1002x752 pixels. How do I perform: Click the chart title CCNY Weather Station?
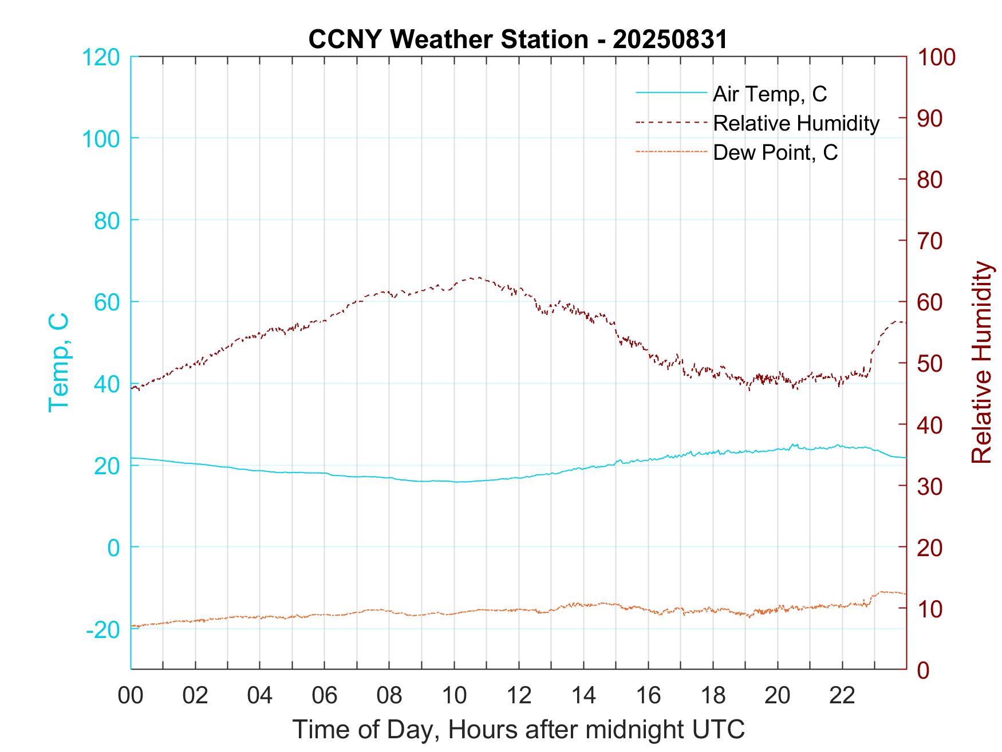point(448,40)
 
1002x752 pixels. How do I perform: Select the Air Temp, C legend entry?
point(770,93)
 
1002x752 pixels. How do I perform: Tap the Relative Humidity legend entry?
point(796,123)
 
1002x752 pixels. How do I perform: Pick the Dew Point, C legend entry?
point(775,153)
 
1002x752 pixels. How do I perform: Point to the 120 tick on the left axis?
point(101,57)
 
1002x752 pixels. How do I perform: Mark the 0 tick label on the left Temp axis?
point(113,548)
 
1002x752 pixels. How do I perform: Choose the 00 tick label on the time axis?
point(131,696)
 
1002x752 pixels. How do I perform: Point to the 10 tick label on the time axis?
point(454,696)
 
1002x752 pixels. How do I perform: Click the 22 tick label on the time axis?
point(842,696)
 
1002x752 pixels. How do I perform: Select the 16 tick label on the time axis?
point(648,696)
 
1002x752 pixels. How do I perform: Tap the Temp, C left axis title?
point(58,362)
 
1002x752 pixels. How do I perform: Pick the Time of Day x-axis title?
point(518,730)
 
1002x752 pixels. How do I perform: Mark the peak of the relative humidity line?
point(478,278)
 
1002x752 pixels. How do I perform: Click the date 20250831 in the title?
point(670,40)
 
